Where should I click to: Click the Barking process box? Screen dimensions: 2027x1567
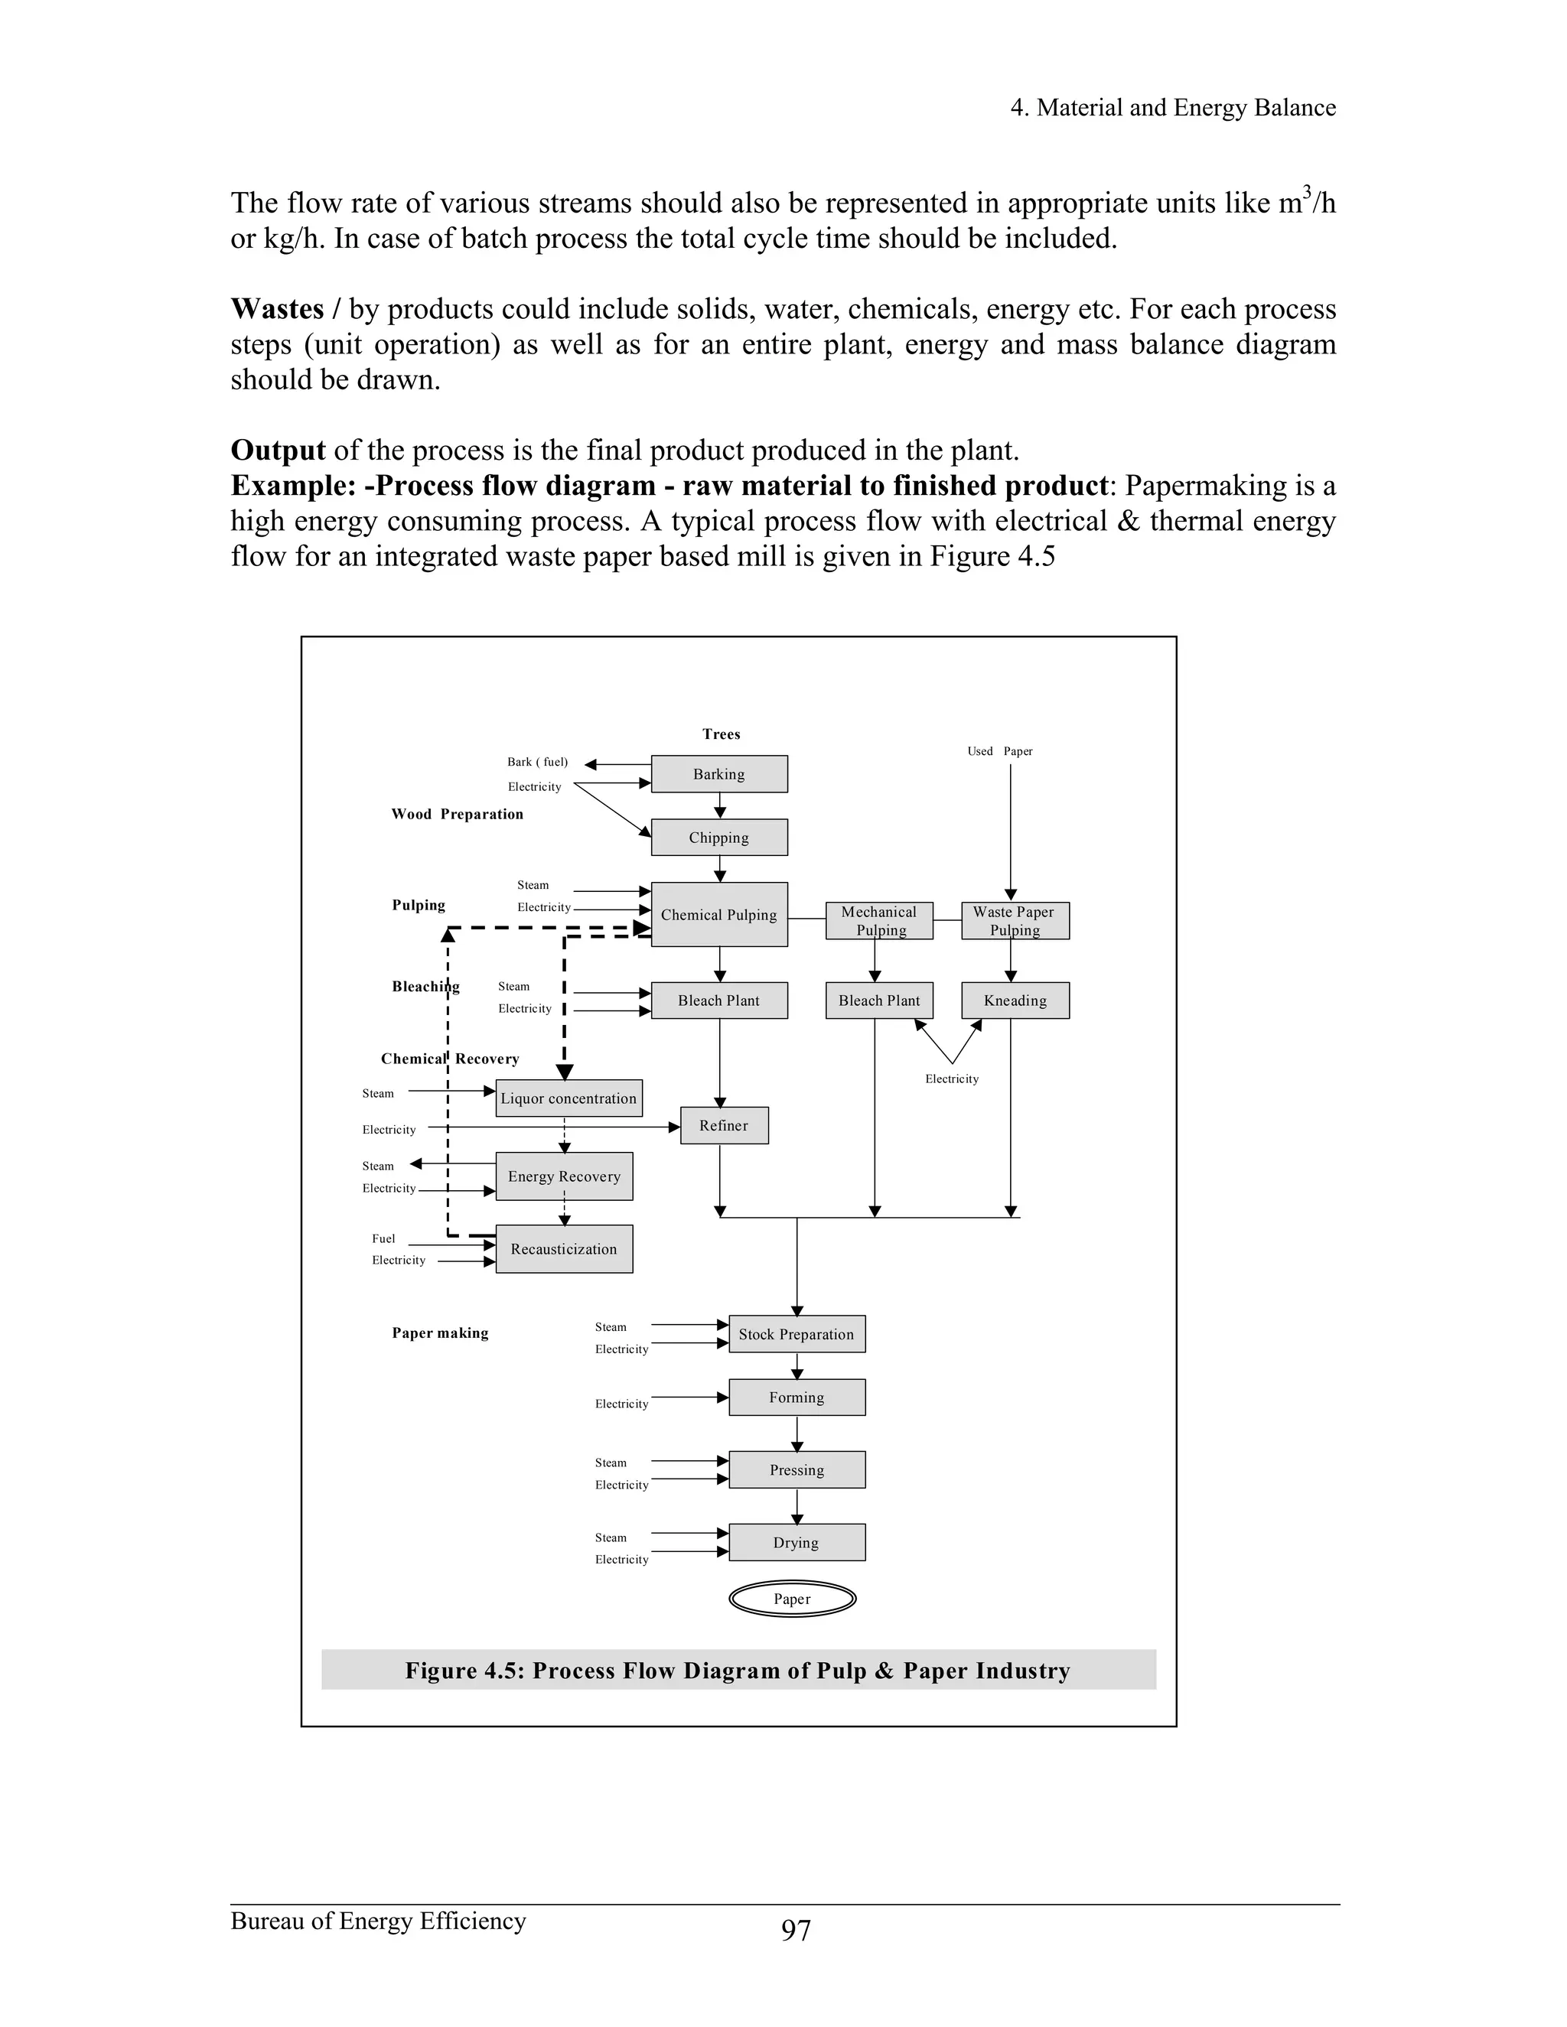click(x=718, y=774)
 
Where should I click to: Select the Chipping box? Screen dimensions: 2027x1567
click(x=718, y=837)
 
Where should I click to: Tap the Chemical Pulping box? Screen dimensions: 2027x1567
click(x=718, y=914)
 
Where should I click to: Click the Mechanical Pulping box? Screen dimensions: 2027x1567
click(x=878, y=921)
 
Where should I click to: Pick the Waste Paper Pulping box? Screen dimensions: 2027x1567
click(x=1015, y=921)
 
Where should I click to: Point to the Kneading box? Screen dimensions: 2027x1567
click(x=1015, y=1000)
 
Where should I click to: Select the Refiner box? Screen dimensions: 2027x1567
click(x=723, y=1126)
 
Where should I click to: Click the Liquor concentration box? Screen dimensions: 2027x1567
click(x=568, y=1098)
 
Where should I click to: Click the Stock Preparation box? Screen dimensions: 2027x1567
click(x=797, y=1334)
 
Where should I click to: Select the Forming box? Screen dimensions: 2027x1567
click(x=797, y=1397)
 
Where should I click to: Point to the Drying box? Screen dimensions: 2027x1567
click(x=797, y=1543)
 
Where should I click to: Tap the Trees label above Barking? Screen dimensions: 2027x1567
click(x=722, y=734)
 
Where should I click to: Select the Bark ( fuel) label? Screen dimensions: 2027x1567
click(x=536, y=762)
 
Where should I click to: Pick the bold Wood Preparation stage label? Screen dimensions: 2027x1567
click(x=457, y=814)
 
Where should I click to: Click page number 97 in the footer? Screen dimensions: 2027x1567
click(x=796, y=1930)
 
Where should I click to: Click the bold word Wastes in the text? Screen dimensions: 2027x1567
click(x=277, y=309)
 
